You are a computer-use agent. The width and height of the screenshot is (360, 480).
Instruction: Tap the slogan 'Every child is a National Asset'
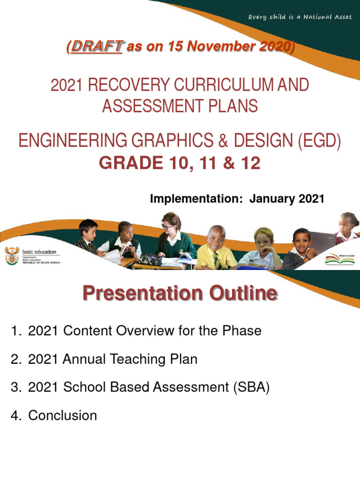tap(300, 17)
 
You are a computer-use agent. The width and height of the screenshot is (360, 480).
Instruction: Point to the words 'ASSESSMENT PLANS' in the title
tap(180, 106)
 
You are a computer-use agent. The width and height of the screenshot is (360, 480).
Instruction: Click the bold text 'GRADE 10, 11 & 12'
tap(179, 164)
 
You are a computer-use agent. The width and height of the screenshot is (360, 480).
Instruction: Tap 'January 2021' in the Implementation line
tap(286, 199)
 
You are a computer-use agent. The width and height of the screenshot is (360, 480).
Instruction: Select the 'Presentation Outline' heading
tap(180, 294)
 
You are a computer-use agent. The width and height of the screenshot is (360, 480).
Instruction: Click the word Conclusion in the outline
tap(62, 415)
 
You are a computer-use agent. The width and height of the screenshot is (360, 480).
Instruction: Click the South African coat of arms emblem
tap(11, 256)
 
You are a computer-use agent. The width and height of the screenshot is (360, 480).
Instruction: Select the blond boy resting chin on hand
tap(264, 246)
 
